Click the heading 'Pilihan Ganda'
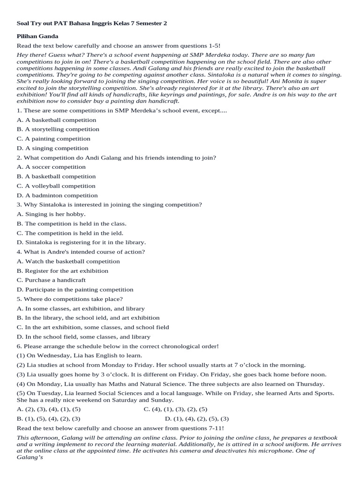[37, 36]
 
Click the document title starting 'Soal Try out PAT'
[91, 22]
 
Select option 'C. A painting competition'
[53, 139]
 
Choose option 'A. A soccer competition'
[51, 167]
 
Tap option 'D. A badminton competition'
[57, 195]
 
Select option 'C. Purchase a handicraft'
[51, 280]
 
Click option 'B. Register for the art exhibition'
[62, 270]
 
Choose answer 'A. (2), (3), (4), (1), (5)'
[48, 409]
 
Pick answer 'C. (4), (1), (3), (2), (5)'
[175, 409]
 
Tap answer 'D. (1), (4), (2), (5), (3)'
[197, 419]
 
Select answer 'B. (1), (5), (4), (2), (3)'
[48, 419]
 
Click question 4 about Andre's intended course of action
[81, 252]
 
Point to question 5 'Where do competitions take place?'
[70, 299]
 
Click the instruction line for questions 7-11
[120, 428]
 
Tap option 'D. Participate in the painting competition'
[75, 290]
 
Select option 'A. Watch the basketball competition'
[68, 261]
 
